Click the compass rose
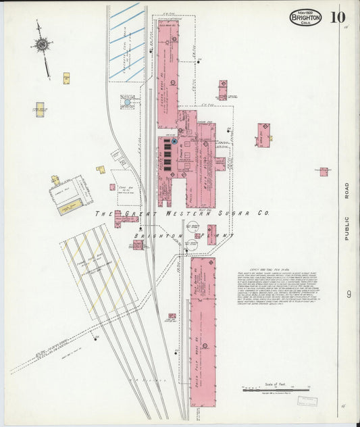point(43,45)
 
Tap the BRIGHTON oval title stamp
point(306,17)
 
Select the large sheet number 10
point(337,16)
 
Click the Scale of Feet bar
point(275,389)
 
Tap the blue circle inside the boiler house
point(174,141)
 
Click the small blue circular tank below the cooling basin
point(126,102)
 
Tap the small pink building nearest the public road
point(324,172)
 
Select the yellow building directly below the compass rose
point(66,78)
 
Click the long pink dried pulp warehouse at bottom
point(203,331)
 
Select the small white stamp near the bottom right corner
point(307,401)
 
